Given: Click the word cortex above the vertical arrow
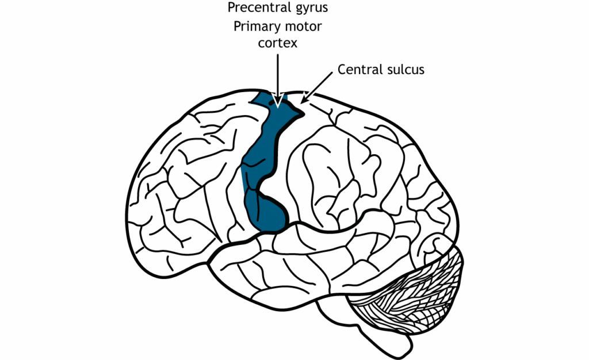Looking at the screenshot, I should (x=278, y=43).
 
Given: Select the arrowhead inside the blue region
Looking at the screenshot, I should (x=278, y=102).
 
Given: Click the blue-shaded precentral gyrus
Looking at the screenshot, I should (x=262, y=155).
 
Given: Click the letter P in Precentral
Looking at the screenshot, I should (x=231, y=8).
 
